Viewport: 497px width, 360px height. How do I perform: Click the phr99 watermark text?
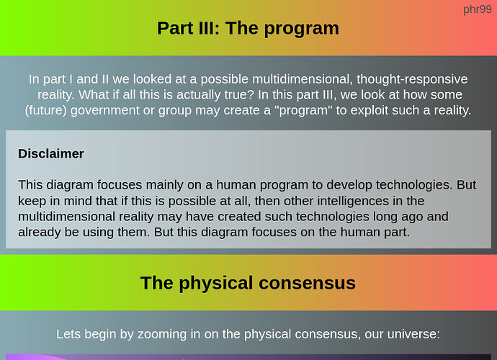tap(478, 10)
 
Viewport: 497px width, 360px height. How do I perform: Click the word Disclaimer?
tap(51, 153)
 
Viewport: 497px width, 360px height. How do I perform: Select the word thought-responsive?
tap(412, 79)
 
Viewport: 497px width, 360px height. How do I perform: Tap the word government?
tap(105, 111)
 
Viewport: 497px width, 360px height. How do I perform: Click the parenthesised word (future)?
tap(45, 111)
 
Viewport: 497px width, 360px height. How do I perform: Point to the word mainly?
tap(164, 185)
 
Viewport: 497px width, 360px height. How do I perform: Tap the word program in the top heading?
tap(301, 29)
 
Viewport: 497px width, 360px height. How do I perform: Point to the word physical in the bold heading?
tap(216, 283)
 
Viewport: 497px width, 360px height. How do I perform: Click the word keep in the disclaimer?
tap(31, 201)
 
